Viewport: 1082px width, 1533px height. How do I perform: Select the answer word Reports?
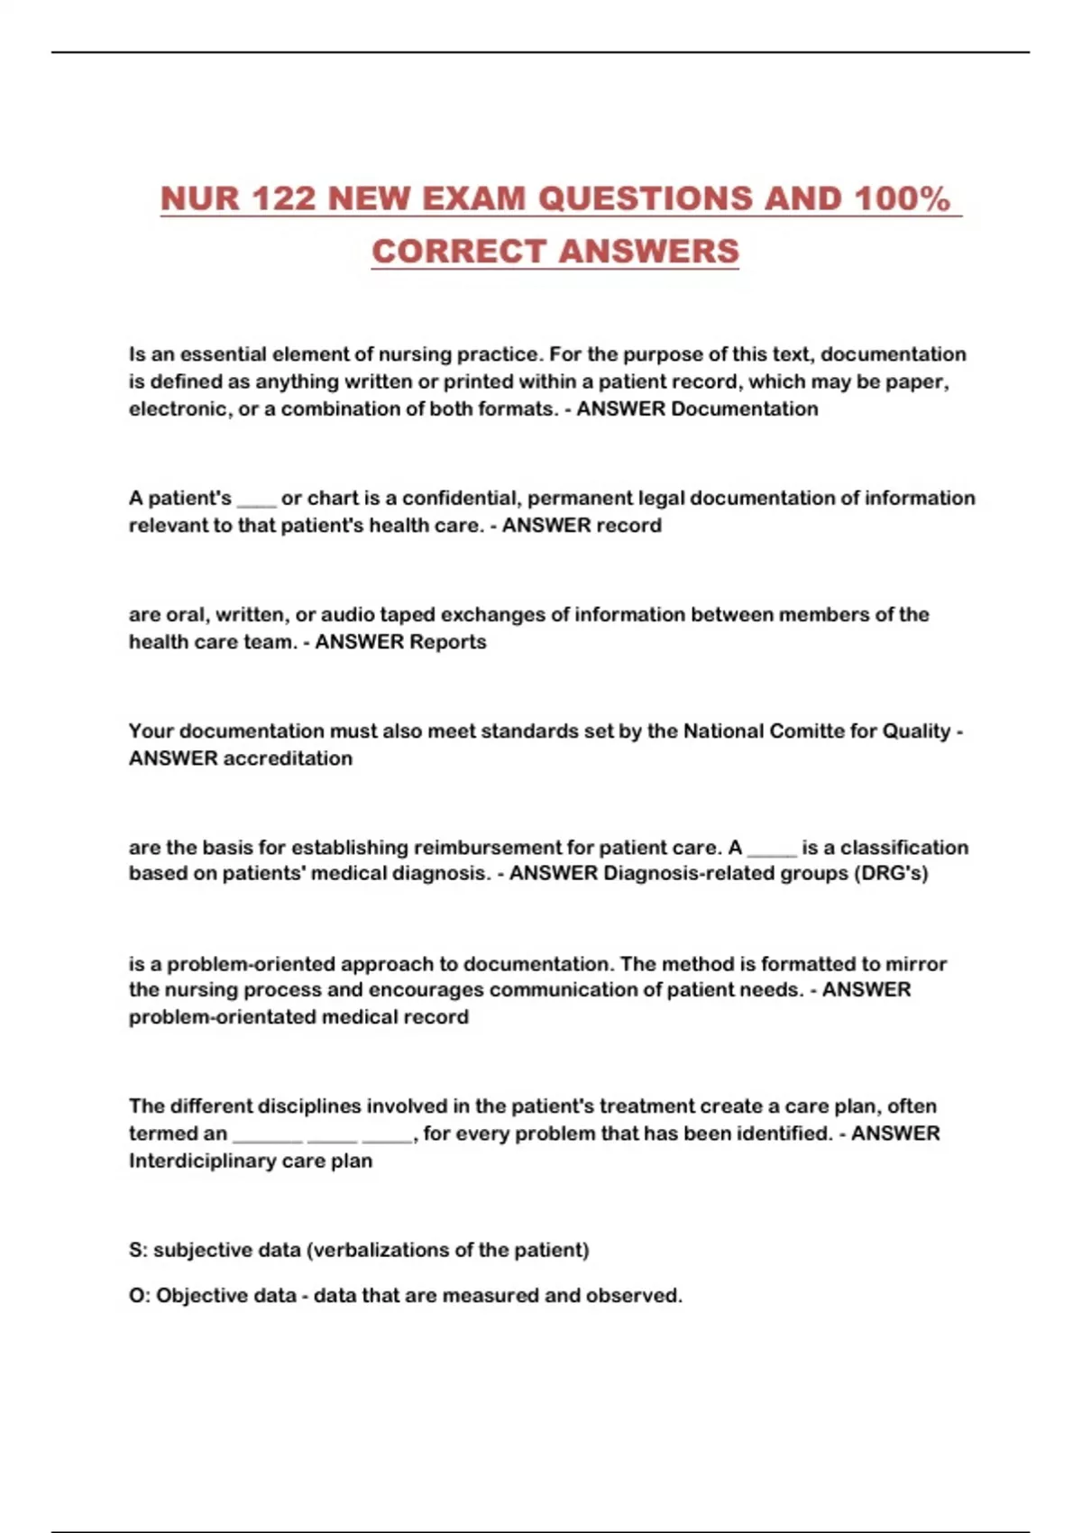tap(447, 642)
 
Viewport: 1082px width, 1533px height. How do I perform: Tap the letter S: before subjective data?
tap(137, 1251)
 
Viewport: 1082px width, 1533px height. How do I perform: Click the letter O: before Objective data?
tap(139, 1296)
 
